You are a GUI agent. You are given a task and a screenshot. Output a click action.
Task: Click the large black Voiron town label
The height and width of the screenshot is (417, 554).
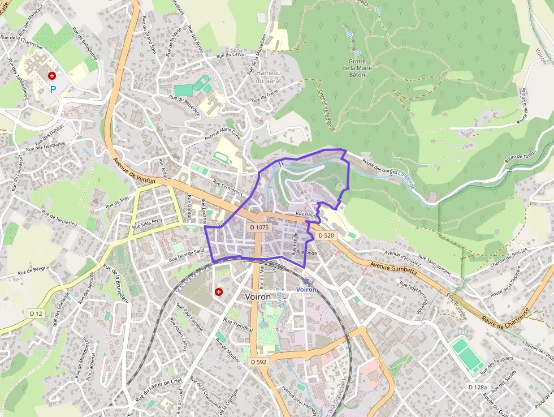[258, 296]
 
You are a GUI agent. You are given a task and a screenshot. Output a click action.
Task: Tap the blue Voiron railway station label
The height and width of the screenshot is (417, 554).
[306, 289]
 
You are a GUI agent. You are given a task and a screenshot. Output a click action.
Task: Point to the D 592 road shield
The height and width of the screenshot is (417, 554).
[258, 361]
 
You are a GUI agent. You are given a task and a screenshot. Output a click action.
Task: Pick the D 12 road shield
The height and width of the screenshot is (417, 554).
[36, 313]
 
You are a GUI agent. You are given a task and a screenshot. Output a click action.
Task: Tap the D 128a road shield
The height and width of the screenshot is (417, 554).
[477, 387]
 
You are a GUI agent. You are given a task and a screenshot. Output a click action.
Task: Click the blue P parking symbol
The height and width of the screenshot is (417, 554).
[54, 89]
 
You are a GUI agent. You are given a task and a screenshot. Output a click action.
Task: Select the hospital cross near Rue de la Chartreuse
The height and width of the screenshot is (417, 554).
[52, 75]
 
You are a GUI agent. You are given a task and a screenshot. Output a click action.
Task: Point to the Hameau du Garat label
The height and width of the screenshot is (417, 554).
[269, 76]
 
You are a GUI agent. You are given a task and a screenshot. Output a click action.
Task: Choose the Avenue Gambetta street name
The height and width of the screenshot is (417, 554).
[394, 268]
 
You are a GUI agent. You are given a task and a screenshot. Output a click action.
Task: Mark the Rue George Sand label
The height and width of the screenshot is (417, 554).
[187, 255]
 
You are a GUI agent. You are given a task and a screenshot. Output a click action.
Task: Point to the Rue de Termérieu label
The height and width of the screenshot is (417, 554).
[59, 218]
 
